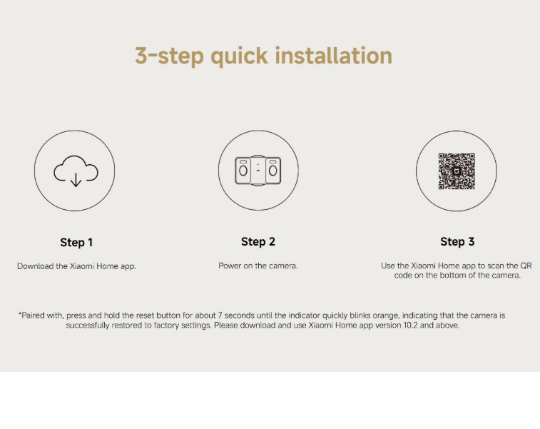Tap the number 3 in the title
click(x=141, y=56)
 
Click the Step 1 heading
click(x=76, y=243)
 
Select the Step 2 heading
click(x=258, y=242)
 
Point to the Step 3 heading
click(x=457, y=242)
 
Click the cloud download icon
click(x=76, y=171)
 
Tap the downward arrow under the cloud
click(x=76, y=180)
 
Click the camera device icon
click(x=258, y=171)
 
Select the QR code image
click(x=457, y=171)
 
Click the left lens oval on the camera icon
click(x=243, y=171)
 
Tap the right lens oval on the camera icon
click(x=272, y=171)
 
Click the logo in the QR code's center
click(x=457, y=171)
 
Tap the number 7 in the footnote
click(x=220, y=316)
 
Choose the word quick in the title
click(x=239, y=56)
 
